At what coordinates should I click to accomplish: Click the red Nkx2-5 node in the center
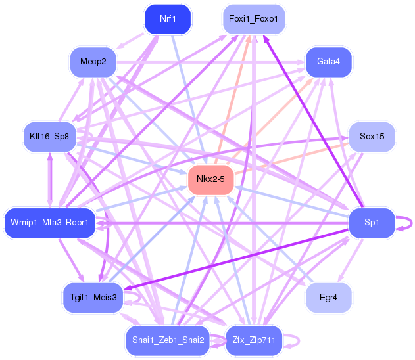[x=211, y=179]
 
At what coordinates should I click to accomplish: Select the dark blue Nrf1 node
[x=168, y=18]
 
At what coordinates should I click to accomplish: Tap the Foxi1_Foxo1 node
[x=253, y=18]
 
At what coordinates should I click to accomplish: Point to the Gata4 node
[x=328, y=62]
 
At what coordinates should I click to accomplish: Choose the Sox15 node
[x=372, y=137]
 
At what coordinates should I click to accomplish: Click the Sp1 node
[x=372, y=223]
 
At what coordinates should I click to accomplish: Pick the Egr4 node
[x=328, y=298]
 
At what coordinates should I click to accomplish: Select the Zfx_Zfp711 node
[x=253, y=340]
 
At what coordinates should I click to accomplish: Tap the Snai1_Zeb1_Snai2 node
[x=168, y=340]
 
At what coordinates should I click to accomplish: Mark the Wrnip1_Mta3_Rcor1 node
[x=49, y=223]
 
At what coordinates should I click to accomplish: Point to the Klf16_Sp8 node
[x=49, y=137]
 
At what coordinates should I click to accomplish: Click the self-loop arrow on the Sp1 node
[x=410, y=223]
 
